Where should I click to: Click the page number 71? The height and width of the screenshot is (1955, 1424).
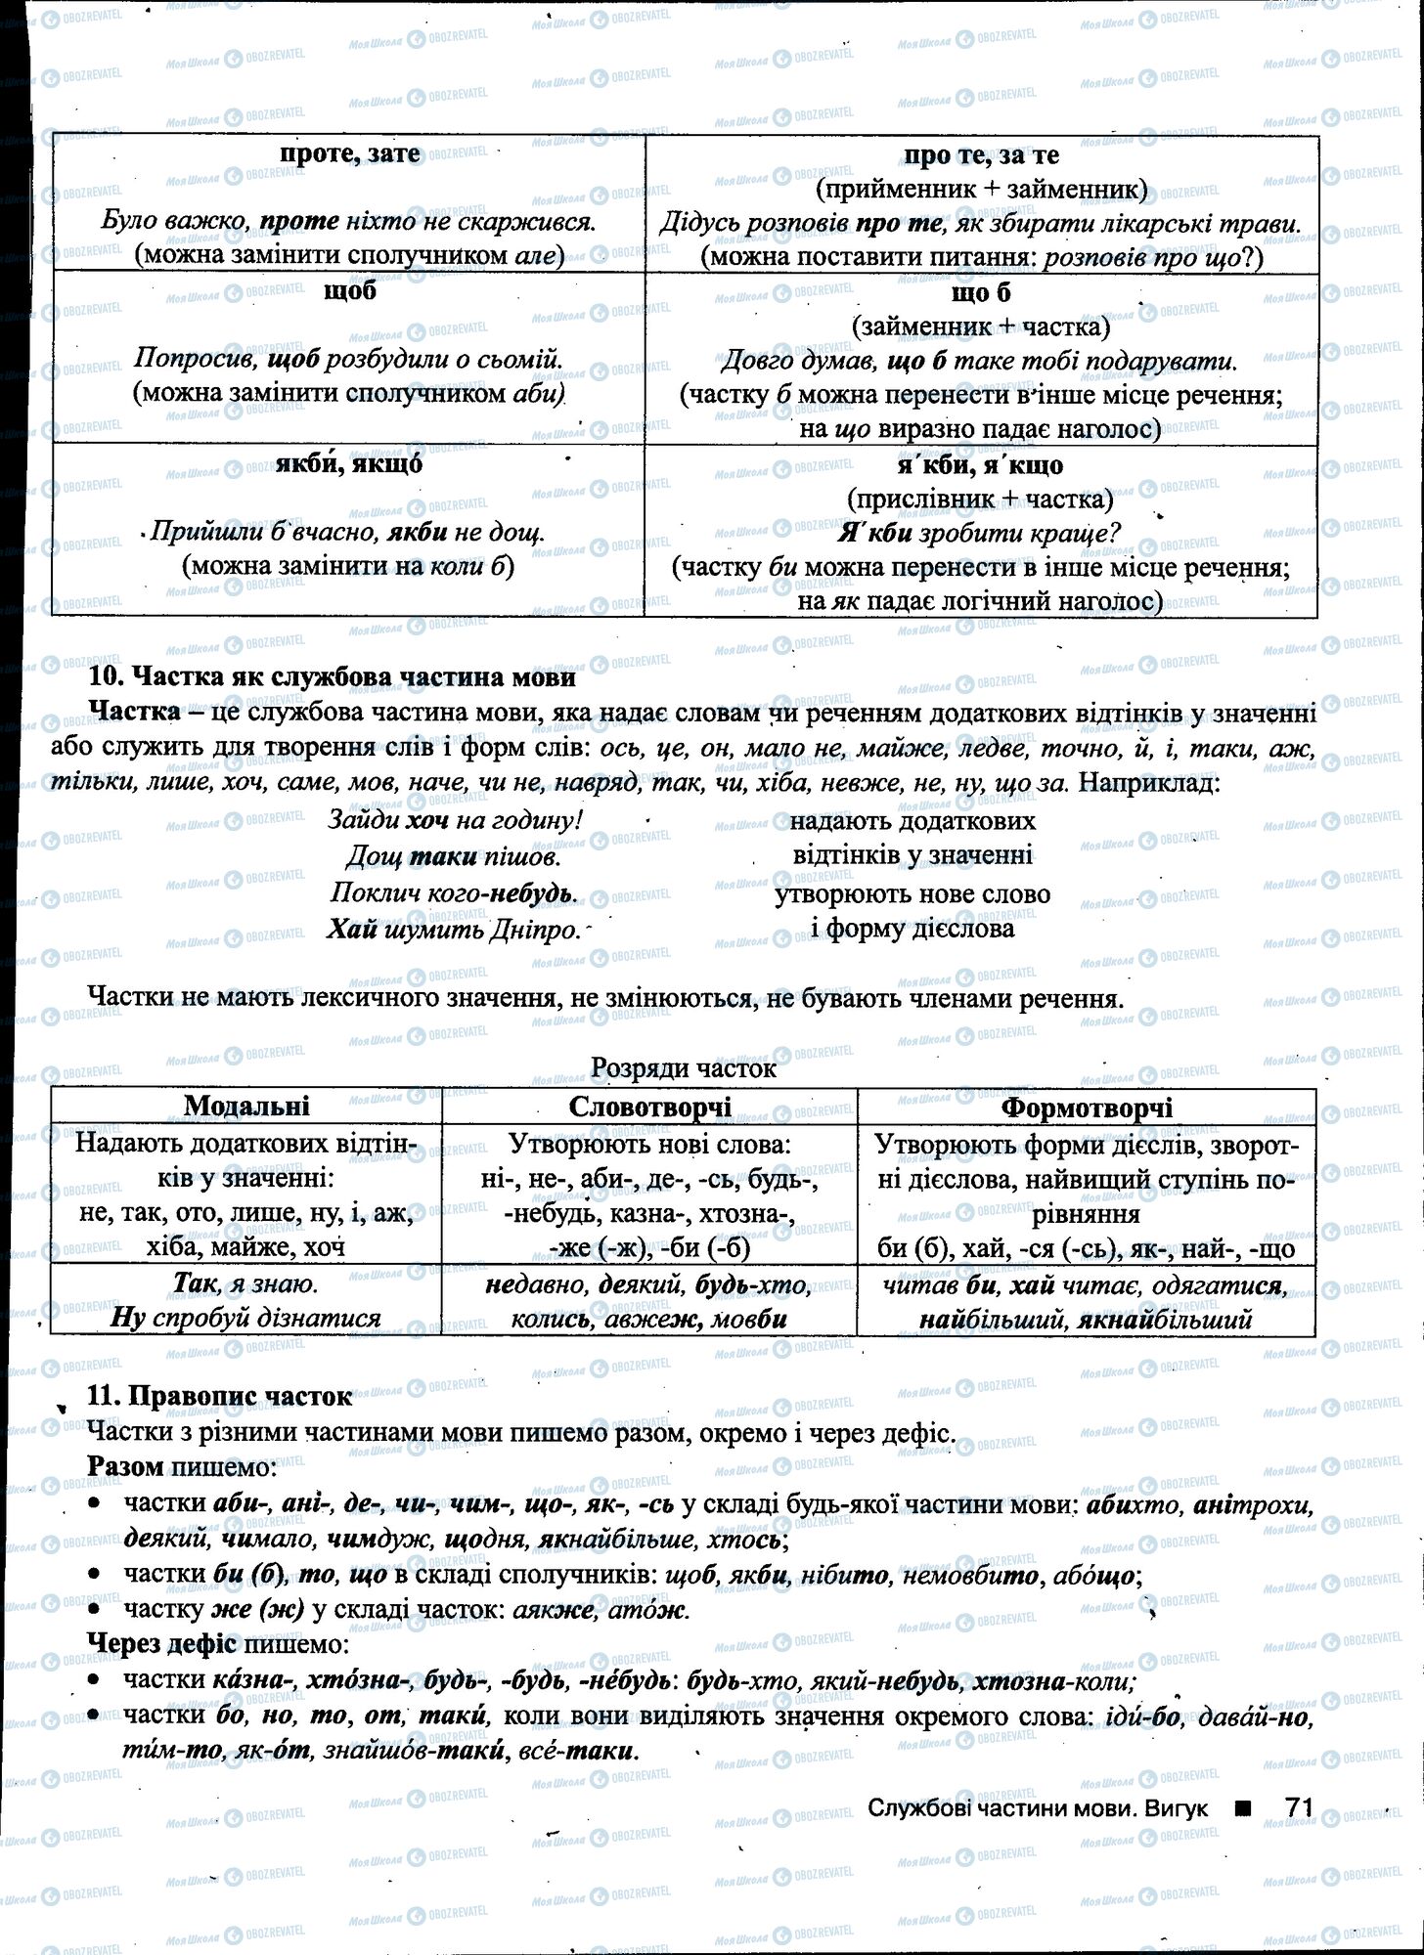pos(1298,1807)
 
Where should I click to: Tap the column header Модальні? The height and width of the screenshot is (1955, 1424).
pos(245,1106)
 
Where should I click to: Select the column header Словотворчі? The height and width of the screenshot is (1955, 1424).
pos(649,1107)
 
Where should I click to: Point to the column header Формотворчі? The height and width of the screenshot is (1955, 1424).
pos(1087,1108)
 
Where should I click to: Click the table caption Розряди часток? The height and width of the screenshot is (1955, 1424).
pos(684,1068)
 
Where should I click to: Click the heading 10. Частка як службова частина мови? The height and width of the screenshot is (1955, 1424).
pos(332,676)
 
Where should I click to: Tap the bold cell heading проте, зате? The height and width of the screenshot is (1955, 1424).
pos(349,153)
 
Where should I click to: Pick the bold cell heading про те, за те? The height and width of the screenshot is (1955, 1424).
pos(981,154)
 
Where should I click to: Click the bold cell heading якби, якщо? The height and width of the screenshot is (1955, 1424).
pos(349,464)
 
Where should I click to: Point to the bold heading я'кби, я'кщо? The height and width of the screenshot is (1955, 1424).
pos(980,465)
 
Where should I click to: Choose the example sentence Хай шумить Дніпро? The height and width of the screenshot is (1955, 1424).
pos(454,930)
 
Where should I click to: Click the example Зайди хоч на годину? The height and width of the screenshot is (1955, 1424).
pos(456,820)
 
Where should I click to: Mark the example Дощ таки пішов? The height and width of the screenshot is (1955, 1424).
pos(454,857)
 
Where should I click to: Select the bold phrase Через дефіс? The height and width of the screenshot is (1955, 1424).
pos(161,1643)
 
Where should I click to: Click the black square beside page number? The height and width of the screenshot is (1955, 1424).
pos(1242,1808)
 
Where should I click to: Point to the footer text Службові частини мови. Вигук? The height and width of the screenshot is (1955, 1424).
pos(1037,1808)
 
